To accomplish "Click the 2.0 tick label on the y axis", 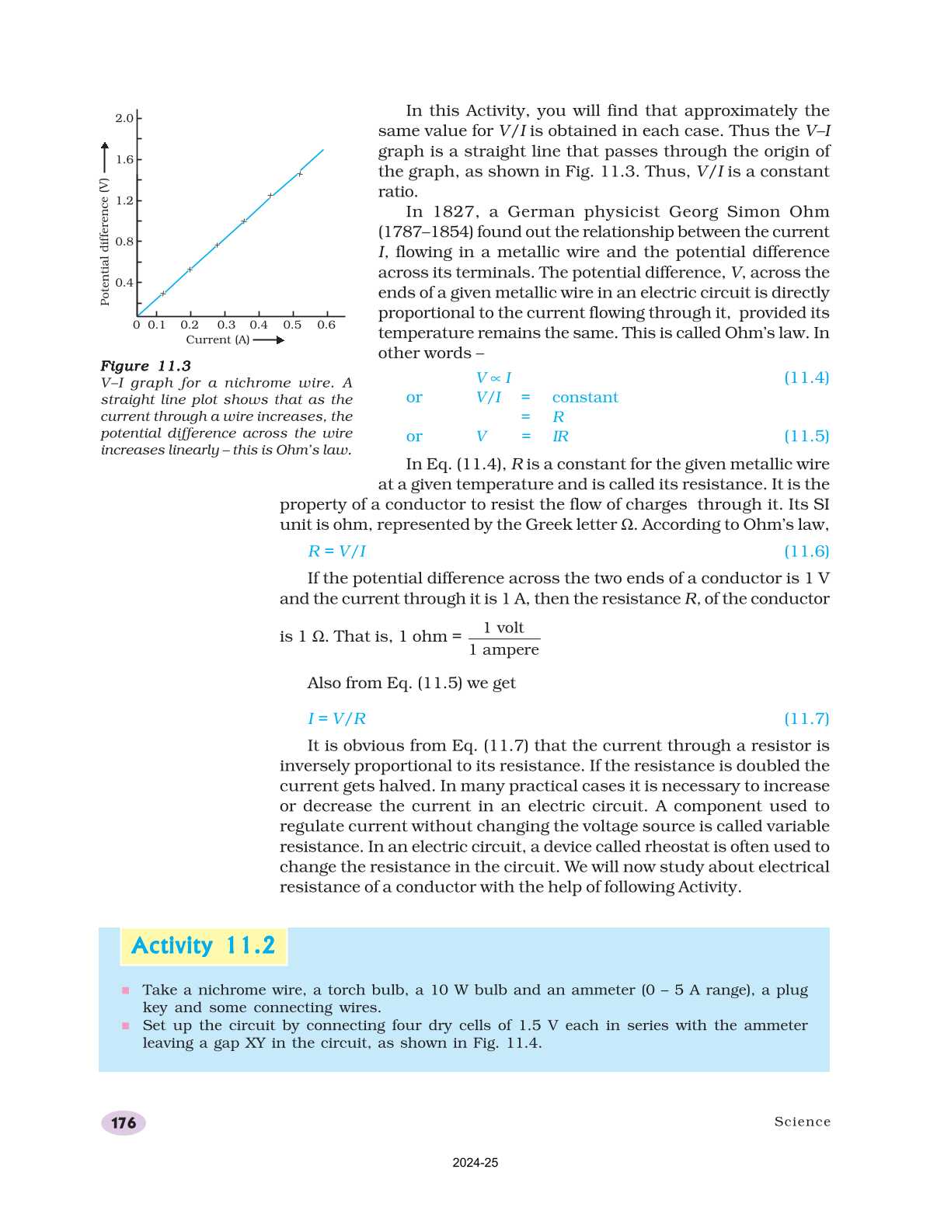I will tap(124, 118).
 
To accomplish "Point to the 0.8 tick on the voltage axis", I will tap(124, 242).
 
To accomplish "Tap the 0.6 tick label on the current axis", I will tap(326, 325).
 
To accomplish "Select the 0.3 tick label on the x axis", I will tap(226, 325).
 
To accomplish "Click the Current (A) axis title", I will tap(218, 340).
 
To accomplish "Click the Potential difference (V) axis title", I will tap(105, 242).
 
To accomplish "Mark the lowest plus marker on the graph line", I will tap(163, 294).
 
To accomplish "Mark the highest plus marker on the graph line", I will tap(300, 173).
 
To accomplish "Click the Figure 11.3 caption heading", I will tap(145, 366).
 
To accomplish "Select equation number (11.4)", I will tap(806, 378).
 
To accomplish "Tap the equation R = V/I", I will tap(336, 552).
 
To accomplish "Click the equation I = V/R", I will tap(336, 719).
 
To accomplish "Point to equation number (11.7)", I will tap(806, 719).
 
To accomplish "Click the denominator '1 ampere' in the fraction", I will tap(503, 650).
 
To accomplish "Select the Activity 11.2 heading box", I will tap(204, 946).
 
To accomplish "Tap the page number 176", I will tap(124, 1123).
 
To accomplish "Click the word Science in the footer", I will tap(802, 1122).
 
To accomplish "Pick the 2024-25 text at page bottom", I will tap(475, 1163).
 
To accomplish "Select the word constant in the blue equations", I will tap(585, 398).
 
